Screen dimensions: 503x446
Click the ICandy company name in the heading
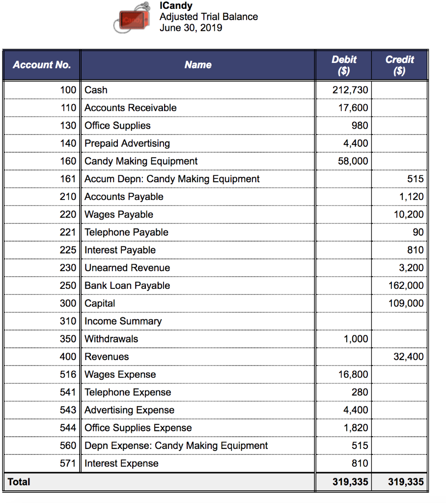[x=176, y=6]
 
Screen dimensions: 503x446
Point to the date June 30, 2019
[x=191, y=28]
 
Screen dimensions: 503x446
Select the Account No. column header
[x=42, y=65]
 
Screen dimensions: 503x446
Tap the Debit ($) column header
[x=344, y=65]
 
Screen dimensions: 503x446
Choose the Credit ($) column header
[x=400, y=65]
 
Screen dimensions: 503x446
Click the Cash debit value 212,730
[x=350, y=90]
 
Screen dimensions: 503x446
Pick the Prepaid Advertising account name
[x=127, y=143]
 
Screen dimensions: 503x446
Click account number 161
[x=68, y=179]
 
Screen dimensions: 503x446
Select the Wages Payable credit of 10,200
[x=408, y=215]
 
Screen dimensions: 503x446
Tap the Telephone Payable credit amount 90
[x=418, y=232]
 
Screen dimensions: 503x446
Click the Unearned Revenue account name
[x=127, y=268]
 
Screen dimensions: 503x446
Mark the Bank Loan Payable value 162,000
[x=406, y=285]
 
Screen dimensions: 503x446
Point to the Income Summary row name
[x=123, y=321]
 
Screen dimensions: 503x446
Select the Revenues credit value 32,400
[x=408, y=357]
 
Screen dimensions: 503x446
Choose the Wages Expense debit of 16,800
[x=353, y=374]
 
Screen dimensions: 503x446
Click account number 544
[x=68, y=428]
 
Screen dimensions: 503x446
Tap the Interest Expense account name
[x=121, y=463]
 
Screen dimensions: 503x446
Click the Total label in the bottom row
[x=19, y=482]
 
